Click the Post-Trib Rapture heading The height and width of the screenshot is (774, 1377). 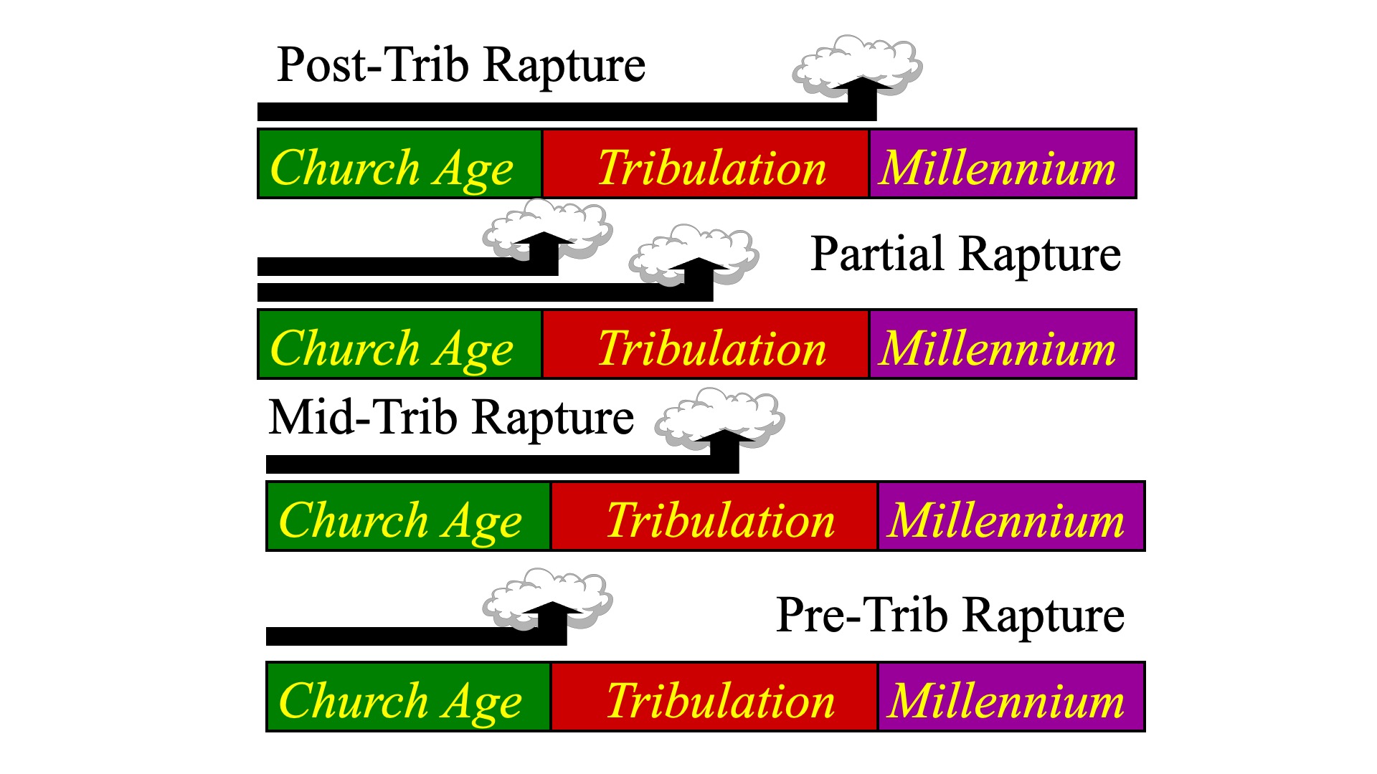[461, 66]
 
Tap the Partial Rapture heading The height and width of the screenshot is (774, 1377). [965, 255]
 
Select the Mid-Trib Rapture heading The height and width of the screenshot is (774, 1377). [451, 419]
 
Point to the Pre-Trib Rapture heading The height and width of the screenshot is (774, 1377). [950, 616]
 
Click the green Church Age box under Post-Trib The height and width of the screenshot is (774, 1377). [399, 163]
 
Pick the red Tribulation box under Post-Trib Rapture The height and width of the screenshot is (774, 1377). [706, 163]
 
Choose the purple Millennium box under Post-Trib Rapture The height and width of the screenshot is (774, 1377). [1003, 163]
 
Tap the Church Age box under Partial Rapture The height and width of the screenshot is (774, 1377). [399, 344]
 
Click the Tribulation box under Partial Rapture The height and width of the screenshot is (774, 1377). [706, 344]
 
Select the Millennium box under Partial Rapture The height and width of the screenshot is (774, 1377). [1003, 344]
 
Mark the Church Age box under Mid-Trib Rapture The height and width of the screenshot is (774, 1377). [408, 516]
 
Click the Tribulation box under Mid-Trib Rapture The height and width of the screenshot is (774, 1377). [714, 516]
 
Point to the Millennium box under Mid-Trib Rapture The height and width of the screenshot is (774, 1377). [1011, 516]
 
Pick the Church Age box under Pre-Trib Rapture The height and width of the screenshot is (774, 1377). [408, 697]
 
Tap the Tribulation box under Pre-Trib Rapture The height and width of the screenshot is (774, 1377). [714, 697]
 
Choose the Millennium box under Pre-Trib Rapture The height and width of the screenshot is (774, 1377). [1011, 697]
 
